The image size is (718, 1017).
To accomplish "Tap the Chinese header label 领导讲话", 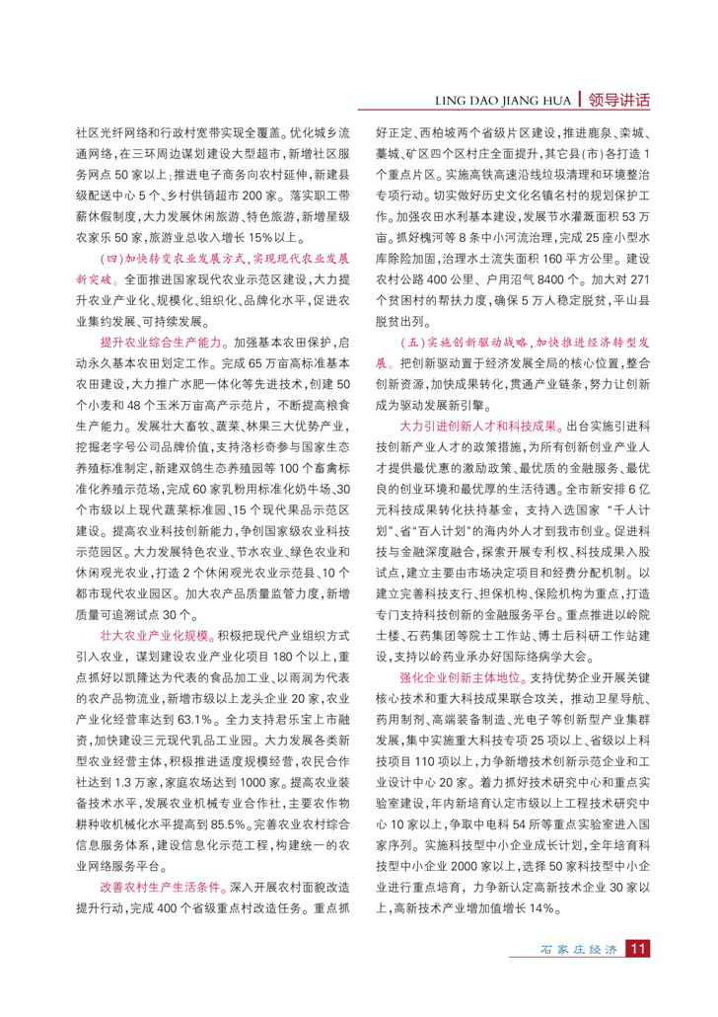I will (617, 99).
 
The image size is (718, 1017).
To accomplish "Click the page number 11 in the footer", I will (637, 978).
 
